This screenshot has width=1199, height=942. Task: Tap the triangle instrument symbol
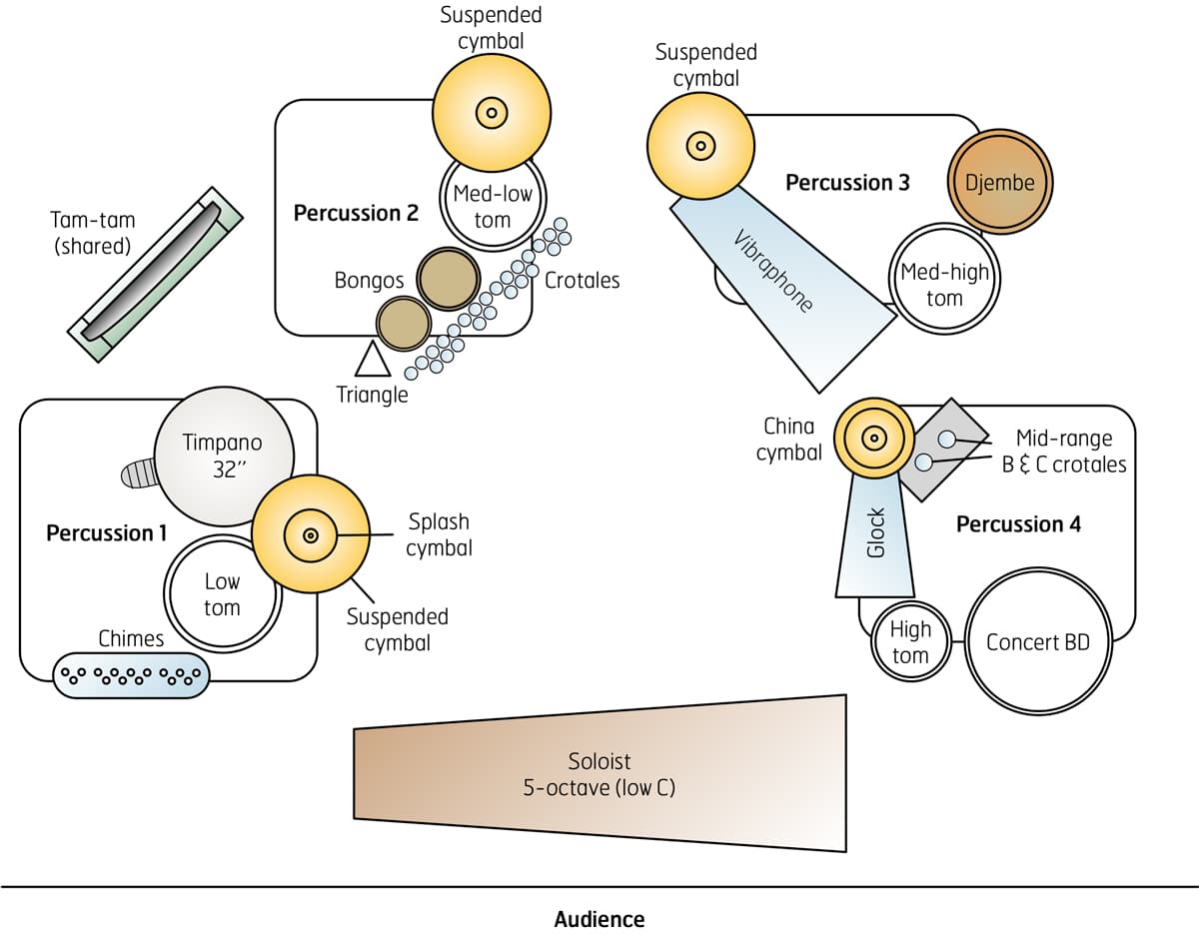pyautogui.click(x=373, y=360)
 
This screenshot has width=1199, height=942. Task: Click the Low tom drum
pyautogui.click(x=222, y=593)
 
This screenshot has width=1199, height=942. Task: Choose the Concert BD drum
pyautogui.click(x=1037, y=642)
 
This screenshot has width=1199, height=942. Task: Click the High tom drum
pyautogui.click(x=909, y=642)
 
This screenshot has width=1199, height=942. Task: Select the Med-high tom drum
pyautogui.click(x=944, y=285)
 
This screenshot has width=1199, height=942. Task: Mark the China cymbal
pyautogui.click(x=873, y=438)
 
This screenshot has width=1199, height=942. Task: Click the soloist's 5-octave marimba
pyautogui.click(x=599, y=774)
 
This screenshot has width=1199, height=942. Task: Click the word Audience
pyautogui.click(x=599, y=919)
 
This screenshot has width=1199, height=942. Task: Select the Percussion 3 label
pyautogui.click(x=847, y=183)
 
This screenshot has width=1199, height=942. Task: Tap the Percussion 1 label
pyautogui.click(x=107, y=532)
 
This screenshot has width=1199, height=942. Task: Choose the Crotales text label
pyautogui.click(x=583, y=281)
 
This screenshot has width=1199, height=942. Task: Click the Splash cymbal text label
pyautogui.click(x=439, y=534)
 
